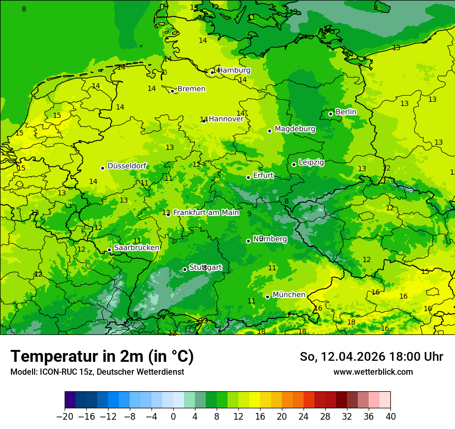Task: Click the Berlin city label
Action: coord(346,112)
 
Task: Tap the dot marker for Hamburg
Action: coord(212,72)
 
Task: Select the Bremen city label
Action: coord(191,89)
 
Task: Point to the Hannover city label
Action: coord(226,119)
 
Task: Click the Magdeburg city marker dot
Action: coord(269,131)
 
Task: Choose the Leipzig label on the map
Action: coord(311,162)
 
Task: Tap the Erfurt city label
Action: coord(263,176)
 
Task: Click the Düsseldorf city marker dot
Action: coord(102,168)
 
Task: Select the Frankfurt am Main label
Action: coord(206,212)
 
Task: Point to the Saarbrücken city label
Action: coord(136,248)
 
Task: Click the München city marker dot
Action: coord(267,297)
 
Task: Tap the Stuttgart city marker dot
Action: coord(185,269)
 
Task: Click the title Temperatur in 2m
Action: coord(102,357)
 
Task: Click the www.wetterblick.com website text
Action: coord(373,372)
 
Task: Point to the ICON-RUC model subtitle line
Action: coord(97,372)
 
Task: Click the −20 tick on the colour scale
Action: coord(65,417)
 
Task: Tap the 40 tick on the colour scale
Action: coord(390,417)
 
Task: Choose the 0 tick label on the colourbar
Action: coord(173,417)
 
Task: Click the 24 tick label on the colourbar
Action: coord(304,417)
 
